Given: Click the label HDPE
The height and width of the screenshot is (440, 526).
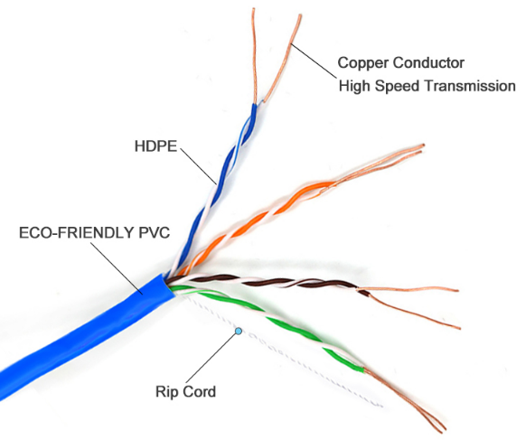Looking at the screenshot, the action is [155, 146].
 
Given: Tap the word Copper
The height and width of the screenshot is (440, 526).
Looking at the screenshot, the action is [362, 63].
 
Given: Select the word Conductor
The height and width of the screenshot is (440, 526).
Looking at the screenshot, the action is [428, 62].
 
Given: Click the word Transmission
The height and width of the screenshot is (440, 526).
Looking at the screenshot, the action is [470, 86].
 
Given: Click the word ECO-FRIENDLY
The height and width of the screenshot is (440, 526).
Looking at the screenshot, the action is [77, 233].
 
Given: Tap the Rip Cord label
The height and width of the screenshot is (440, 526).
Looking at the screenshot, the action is [185, 391].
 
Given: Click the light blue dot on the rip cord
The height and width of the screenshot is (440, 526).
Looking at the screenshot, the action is [239, 332].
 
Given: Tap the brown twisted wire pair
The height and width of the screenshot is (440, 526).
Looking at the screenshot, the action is [268, 283].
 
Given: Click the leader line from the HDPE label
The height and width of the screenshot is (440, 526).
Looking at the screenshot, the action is [198, 166].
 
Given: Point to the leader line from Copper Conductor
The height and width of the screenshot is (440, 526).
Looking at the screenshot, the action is [314, 61].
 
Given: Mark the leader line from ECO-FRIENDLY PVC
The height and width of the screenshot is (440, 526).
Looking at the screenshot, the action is [117, 268].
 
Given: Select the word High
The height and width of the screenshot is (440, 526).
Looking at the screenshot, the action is [354, 87].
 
